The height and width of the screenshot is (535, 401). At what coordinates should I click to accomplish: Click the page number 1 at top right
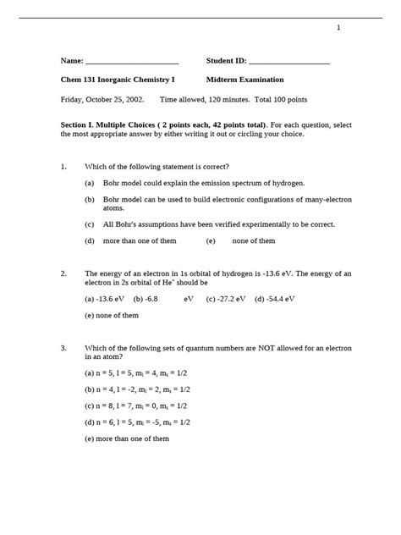pyautogui.click(x=338, y=28)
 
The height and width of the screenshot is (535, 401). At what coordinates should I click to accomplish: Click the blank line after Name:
pyautogui.click(x=132, y=62)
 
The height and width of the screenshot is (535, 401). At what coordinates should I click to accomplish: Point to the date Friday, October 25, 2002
pyautogui.click(x=102, y=99)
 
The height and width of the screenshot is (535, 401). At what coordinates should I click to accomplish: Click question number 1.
pyautogui.click(x=63, y=167)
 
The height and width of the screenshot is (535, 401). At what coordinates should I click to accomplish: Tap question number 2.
pyautogui.click(x=63, y=273)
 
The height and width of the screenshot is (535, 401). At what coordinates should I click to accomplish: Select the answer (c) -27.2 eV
pyautogui.click(x=226, y=298)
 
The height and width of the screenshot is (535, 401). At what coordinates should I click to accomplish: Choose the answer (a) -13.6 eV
pyautogui.click(x=105, y=298)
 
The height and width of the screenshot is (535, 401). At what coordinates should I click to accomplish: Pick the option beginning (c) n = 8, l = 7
pyautogui.click(x=137, y=405)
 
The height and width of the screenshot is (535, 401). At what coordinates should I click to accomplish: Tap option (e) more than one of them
pyautogui.click(x=127, y=438)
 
